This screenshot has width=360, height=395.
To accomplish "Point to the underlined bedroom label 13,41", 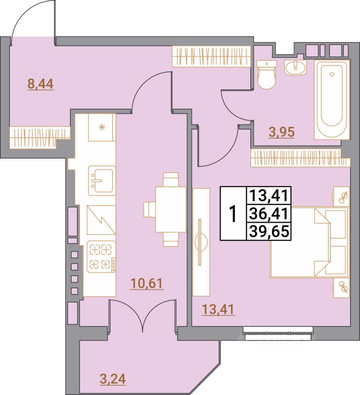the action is click(x=218, y=309).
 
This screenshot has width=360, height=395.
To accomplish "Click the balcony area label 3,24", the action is click(x=113, y=378).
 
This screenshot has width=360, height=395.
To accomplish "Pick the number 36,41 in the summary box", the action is click(x=268, y=214).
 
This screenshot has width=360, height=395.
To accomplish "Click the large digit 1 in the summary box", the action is click(x=233, y=214).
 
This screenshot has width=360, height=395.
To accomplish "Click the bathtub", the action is click(x=332, y=99).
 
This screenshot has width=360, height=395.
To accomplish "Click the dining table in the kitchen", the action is click(x=166, y=209).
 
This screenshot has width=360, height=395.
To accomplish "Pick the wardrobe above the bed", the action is click(x=296, y=158).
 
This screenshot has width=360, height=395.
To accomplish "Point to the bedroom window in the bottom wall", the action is click(x=278, y=331).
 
